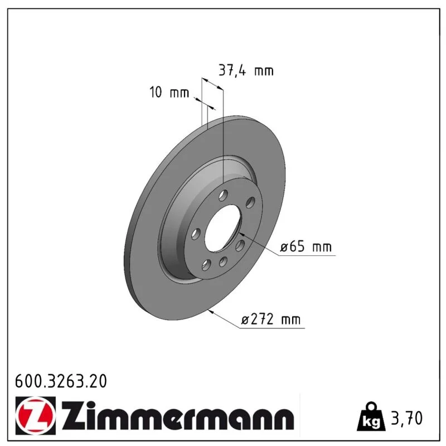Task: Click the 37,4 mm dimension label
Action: pos(246,70)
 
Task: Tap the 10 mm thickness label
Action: pos(169,93)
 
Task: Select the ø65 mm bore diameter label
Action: pos(306,246)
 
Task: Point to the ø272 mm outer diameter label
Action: pos(271,319)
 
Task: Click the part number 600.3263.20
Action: pos(61,381)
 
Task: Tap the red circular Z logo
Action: pos(36,415)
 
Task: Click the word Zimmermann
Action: pos(177,415)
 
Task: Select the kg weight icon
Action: pos(371,416)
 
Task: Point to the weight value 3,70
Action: pos(407,418)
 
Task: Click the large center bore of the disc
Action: pos(222,228)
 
